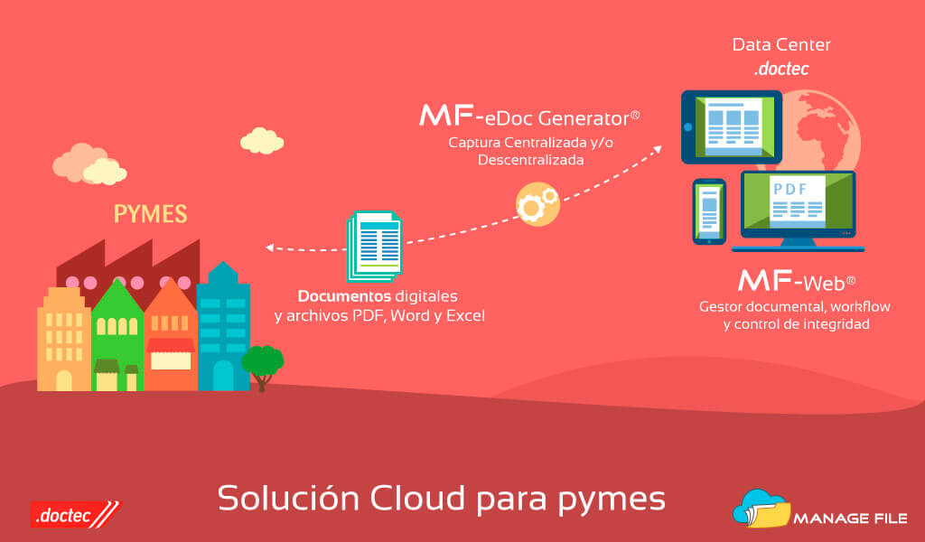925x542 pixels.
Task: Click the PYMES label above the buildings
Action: click(x=150, y=214)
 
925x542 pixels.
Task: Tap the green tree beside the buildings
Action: click(x=262, y=362)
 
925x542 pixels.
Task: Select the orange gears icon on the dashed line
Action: click(x=537, y=205)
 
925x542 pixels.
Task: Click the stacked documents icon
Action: click(x=374, y=247)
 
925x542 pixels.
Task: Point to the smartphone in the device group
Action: click(x=709, y=211)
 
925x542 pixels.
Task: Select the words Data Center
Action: click(x=781, y=44)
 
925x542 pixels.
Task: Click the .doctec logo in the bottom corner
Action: click(x=75, y=515)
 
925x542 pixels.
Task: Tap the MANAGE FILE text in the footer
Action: click(x=845, y=519)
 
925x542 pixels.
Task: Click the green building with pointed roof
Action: click(x=117, y=334)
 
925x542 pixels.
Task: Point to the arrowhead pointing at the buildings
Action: click(x=270, y=245)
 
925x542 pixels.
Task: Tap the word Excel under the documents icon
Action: click(x=465, y=316)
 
